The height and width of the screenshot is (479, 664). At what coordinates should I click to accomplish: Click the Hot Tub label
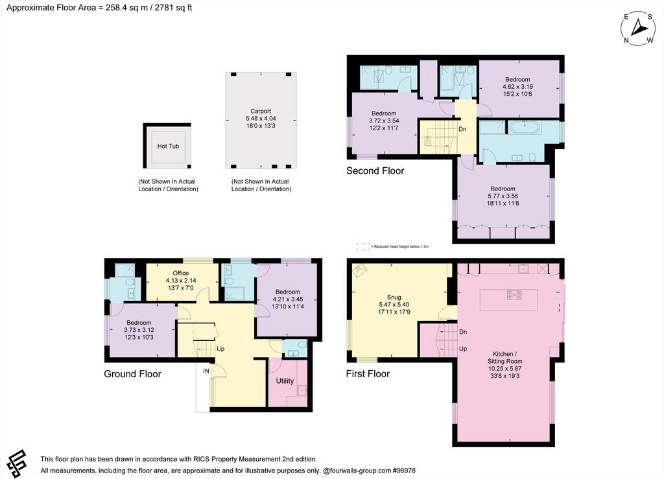168,146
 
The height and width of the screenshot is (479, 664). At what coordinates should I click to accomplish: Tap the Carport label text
261,111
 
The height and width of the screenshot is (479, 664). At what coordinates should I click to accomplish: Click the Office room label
181,273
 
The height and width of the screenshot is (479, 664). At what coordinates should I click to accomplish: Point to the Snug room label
394,297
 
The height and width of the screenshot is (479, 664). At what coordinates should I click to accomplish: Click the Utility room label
285,381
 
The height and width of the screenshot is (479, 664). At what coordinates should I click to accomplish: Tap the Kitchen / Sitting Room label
504,358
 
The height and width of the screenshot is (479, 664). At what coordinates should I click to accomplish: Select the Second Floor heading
375,170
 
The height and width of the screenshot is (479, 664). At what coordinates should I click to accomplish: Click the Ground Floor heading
132,373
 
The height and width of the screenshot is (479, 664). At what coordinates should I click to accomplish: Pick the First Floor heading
368,373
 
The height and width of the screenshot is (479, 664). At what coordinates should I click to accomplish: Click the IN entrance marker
206,371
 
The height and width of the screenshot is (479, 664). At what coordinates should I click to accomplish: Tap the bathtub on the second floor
525,127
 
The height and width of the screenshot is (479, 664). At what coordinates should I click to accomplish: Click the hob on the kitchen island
514,295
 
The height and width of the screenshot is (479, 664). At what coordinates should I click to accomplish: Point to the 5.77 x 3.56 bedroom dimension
503,196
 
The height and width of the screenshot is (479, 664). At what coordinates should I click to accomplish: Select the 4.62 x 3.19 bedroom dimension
517,87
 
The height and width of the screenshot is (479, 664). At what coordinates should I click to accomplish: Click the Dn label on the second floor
462,128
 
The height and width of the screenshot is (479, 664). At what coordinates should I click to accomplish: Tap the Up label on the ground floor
220,349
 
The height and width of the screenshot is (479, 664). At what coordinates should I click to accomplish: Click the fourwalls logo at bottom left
16,463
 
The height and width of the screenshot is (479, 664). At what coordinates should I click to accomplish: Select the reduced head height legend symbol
363,246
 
